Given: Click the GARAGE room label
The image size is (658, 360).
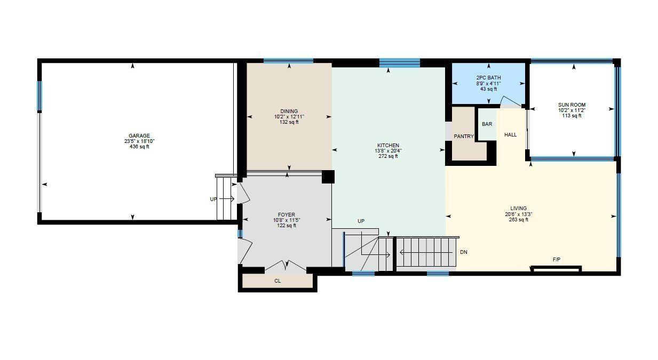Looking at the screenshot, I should pos(139,135).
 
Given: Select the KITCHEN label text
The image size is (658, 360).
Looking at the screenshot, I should pos(388,146).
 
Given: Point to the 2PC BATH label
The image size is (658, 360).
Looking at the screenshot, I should pos(488,78).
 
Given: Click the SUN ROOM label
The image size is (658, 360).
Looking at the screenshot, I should pos(572,105).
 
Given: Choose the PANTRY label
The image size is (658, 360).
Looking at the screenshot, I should pos(464,137).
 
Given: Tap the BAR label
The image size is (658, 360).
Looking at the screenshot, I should pos(487,124).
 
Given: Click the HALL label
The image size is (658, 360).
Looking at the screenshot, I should pos(510,135).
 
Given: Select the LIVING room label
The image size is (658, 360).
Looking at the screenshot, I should pos(518,209).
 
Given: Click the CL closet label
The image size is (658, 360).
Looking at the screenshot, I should pos(278,281).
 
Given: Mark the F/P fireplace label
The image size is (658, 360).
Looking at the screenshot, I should pos(556,260).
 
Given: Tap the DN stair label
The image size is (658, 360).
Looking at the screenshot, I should pos(463,252).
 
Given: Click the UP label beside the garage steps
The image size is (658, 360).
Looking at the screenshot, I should pos(213,199).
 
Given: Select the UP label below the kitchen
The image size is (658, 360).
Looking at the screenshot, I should pos(361,221).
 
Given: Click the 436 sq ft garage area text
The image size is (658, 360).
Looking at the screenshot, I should pos(139,147).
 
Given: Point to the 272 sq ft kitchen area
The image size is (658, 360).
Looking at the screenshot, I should pos(388,156).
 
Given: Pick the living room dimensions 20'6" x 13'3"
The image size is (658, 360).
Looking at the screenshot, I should pos(518,214).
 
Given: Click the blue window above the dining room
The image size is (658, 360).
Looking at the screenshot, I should pos(288,61).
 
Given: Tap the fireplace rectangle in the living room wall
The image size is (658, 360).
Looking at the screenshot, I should pos(556,269).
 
